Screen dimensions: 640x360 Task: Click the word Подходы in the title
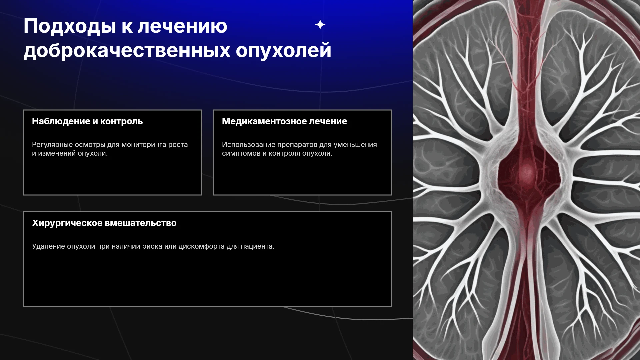[70, 27]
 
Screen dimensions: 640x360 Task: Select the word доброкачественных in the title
[127, 51]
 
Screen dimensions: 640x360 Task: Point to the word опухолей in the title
[284, 51]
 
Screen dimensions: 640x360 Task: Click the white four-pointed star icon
[320, 25]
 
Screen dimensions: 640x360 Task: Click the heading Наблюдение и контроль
[87, 121]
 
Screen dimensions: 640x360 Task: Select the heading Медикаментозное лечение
[284, 121]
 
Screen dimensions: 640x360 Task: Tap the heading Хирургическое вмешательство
[104, 223]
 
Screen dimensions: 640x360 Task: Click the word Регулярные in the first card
[52, 145]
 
